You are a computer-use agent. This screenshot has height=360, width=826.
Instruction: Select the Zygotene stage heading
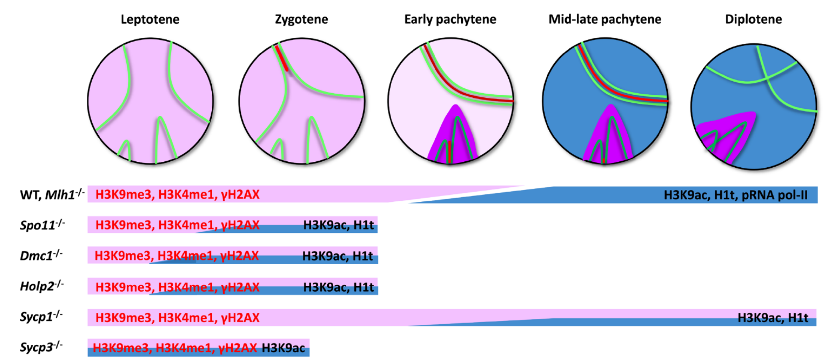(301, 20)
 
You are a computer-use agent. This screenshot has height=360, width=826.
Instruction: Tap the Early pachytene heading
(450, 20)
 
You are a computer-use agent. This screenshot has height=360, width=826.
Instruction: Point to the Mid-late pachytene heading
(605, 20)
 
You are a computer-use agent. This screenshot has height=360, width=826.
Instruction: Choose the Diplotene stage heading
(753, 20)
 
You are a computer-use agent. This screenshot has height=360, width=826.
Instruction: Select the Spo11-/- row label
(42, 225)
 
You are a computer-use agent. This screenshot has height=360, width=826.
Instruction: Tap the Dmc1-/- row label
(41, 256)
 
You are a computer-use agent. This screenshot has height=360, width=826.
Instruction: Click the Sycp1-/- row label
(41, 317)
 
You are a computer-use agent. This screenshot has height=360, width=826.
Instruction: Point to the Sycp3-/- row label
(41, 347)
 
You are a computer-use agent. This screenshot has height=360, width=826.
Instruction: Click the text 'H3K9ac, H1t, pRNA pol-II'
(735, 195)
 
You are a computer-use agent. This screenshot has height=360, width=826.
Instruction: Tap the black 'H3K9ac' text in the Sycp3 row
(283, 348)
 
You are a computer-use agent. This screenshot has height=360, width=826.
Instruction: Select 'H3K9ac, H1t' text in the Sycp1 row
(773, 318)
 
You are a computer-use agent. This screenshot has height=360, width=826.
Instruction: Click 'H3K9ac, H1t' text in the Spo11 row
(338, 225)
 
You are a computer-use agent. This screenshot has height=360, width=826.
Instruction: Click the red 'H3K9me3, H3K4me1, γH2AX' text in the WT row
(177, 195)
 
